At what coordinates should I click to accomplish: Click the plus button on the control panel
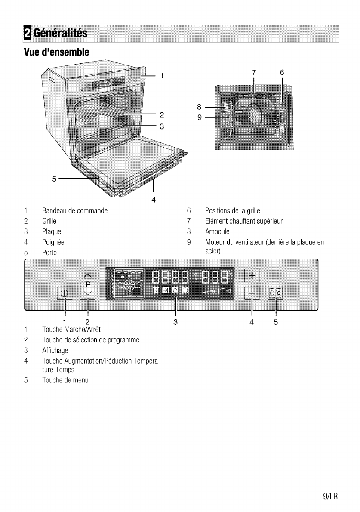pos(252,275)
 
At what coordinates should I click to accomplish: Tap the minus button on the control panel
pos(252,294)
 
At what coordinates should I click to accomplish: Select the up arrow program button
pos(88,276)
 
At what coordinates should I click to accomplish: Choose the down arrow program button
pos(88,293)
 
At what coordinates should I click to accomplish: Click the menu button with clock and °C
pos(275,293)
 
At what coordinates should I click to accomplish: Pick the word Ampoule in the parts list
pos(218,232)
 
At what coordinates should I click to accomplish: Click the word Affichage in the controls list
pos(55,351)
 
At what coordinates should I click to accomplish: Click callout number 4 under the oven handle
pos(153,199)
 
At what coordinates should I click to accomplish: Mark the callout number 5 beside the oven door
pos(54,178)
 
